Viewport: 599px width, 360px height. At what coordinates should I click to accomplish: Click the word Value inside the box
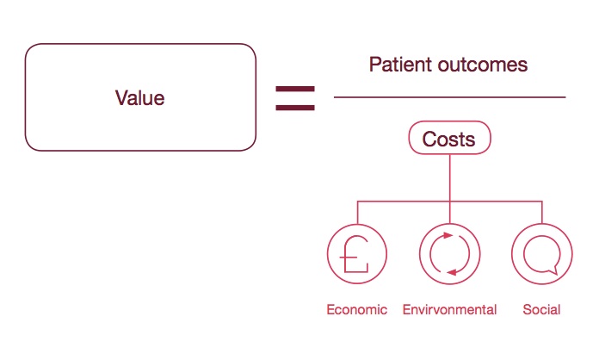point(139,98)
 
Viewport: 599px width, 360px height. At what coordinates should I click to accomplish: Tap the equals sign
point(294,97)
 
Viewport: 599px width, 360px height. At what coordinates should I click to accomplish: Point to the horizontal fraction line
point(449,97)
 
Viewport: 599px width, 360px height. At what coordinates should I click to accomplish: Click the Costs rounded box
point(449,138)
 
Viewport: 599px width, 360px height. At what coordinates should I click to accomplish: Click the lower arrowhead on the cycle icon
point(451,273)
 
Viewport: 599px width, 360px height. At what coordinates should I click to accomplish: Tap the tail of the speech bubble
point(555,270)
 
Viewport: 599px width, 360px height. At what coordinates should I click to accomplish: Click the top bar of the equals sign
point(294,89)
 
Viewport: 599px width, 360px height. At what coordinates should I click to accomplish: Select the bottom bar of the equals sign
point(294,107)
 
